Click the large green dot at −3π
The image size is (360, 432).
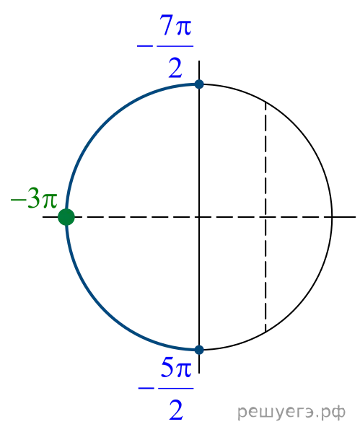pyautogui.click(x=66, y=217)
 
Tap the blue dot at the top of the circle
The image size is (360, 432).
pyautogui.click(x=199, y=84)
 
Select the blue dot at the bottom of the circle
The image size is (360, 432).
pyautogui.click(x=199, y=350)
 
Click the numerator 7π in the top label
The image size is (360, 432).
pyautogui.click(x=175, y=25)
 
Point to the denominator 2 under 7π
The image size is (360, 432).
pyautogui.click(x=175, y=68)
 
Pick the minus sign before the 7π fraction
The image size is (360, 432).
pyautogui.click(x=145, y=46)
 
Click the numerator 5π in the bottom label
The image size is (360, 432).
pyautogui.click(x=176, y=367)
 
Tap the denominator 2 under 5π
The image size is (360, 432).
pyautogui.click(x=176, y=410)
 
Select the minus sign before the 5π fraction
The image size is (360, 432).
pyautogui.click(x=146, y=389)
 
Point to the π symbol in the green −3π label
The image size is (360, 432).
pyautogui.click(x=50, y=200)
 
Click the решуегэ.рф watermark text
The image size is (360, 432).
pyautogui.click(x=291, y=412)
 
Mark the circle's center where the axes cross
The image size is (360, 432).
pyautogui.click(x=199, y=217)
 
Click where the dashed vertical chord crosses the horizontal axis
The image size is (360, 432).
pyautogui.click(x=265, y=217)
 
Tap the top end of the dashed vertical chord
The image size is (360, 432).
pyautogui.click(x=265, y=102)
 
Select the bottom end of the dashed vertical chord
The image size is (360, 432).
pyautogui.click(x=265, y=332)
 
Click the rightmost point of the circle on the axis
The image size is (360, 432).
pyautogui.click(x=332, y=217)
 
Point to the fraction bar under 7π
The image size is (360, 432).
pyautogui.click(x=175, y=46)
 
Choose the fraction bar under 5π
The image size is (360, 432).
pyautogui.click(x=176, y=389)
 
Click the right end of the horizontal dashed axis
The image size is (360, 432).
pyautogui.click(x=356, y=217)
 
